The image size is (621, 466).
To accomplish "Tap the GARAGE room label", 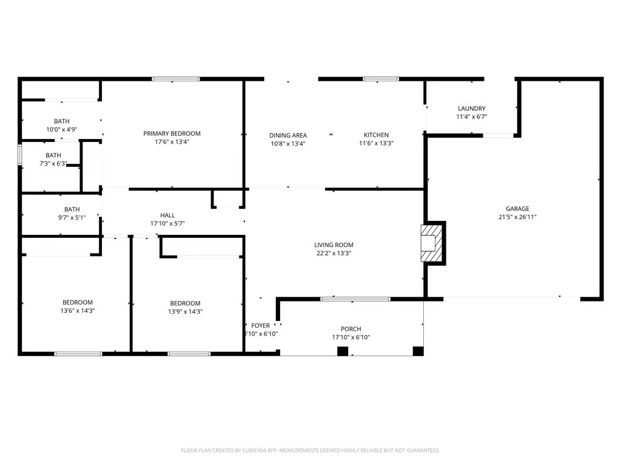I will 517,209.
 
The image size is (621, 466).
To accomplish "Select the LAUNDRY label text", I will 471,109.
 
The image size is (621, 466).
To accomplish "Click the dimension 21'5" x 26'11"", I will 517,217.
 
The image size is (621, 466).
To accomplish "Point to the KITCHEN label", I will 376,135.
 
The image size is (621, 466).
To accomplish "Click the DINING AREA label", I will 288,135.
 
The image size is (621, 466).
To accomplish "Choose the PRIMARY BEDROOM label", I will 172,133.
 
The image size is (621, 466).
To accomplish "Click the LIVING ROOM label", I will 334,245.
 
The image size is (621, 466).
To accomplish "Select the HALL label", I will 167,215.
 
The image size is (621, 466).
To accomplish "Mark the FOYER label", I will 260,326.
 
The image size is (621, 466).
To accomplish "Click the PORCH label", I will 351,329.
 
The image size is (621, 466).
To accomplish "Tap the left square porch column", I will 343,351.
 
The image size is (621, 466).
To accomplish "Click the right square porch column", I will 417,351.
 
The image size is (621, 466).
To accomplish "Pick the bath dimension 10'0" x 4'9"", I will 62,130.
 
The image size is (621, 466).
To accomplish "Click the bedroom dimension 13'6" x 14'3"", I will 78,311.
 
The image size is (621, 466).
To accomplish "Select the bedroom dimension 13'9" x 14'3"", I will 185,311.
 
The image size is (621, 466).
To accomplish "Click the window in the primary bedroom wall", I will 176,79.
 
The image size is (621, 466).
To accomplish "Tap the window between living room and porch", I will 355,299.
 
